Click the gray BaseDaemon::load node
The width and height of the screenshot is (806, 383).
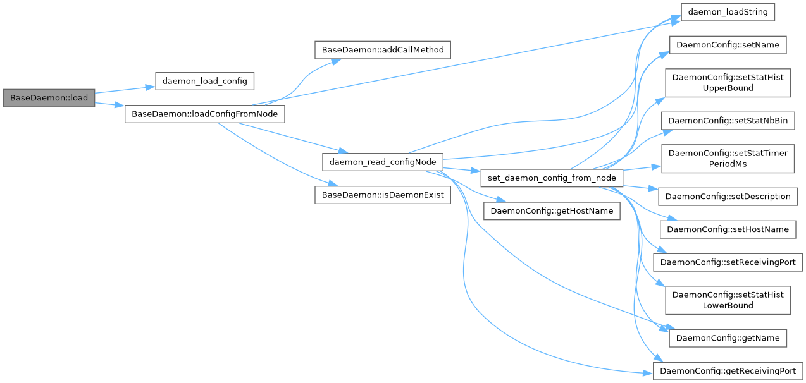point(49,98)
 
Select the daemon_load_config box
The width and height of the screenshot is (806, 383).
point(204,82)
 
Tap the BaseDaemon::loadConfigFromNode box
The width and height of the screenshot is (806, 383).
point(204,114)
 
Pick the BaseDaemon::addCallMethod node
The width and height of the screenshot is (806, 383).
point(382,49)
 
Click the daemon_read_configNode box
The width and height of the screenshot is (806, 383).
point(382,162)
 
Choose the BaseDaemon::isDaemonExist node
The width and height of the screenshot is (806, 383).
point(382,195)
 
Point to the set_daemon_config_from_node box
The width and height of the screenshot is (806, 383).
point(552,178)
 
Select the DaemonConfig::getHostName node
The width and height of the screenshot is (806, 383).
point(552,210)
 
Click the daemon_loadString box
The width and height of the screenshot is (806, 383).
point(728,13)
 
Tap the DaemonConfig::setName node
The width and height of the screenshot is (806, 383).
point(728,46)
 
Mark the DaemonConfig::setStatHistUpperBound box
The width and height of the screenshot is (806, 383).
point(728,83)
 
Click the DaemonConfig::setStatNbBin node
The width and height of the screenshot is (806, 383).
point(728,121)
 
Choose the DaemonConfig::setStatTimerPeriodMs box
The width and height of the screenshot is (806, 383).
point(728,159)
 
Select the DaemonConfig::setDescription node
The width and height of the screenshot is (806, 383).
point(728,196)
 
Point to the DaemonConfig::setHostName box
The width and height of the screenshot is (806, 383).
point(728,229)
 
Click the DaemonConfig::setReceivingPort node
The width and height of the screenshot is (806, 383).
point(728,262)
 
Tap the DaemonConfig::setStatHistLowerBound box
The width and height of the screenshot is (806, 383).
point(728,300)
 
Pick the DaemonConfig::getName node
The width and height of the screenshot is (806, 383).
point(728,337)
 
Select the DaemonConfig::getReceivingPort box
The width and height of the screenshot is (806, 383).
point(728,370)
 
